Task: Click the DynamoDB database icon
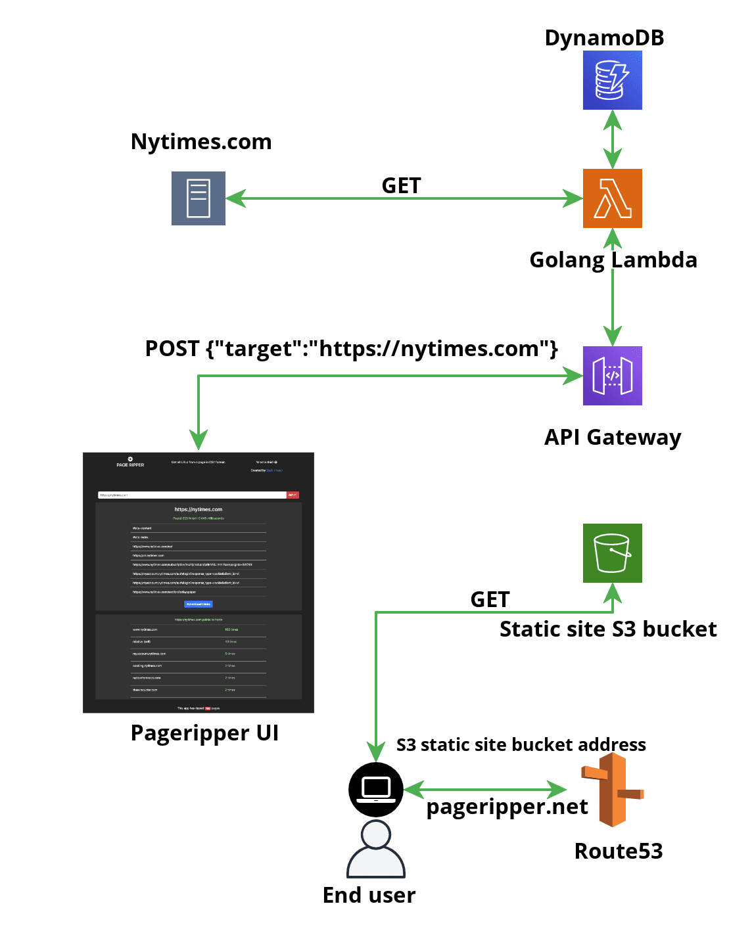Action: (x=612, y=80)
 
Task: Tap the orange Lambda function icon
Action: (x=612, y=198)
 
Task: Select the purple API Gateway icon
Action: (x=612, y=376)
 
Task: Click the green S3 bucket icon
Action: (x=612, y=553)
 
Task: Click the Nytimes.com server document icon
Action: (x=199, y=198)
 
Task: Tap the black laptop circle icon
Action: (x=376, y=789)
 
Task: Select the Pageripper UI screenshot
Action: (x=199, y=583)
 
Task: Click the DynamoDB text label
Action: (x=604, y=38)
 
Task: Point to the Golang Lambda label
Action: (x=613, y=260)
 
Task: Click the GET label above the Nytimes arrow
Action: (x=401, y=186)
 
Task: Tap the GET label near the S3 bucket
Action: (x=490, y=599)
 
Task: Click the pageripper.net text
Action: (x=507, y=807)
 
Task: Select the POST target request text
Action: (x=351, y=349)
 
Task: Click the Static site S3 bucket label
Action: (x=608, y=629)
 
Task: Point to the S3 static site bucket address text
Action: (x=521, y=745)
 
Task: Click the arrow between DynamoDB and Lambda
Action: (x=613, y=139)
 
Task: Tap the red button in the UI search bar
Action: (x=293, y=495)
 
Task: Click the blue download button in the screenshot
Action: (x=199, y=604)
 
